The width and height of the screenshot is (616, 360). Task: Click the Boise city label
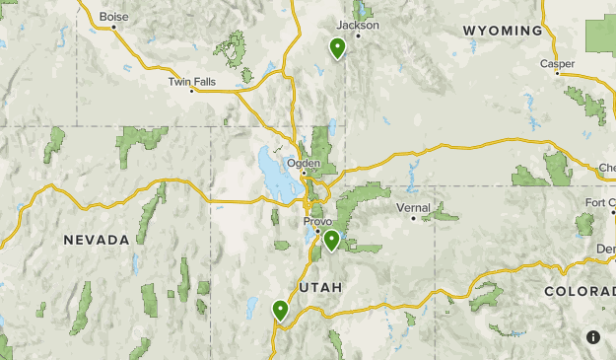114,16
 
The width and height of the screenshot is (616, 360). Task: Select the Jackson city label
357,25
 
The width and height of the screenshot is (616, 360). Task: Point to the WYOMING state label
503,31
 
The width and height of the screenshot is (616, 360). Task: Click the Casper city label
557,64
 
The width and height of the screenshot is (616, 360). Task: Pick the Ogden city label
302,163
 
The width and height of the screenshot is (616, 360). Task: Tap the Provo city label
317,222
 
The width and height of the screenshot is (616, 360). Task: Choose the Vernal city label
413,208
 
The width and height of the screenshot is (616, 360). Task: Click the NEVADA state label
97,240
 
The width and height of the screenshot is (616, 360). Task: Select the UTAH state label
318,287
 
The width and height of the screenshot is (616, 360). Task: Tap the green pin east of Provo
332,239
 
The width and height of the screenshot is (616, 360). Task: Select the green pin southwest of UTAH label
281,310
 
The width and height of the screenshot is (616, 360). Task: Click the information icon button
593,337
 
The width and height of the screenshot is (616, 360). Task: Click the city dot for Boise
114,27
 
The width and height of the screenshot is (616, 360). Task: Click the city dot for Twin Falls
192,90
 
